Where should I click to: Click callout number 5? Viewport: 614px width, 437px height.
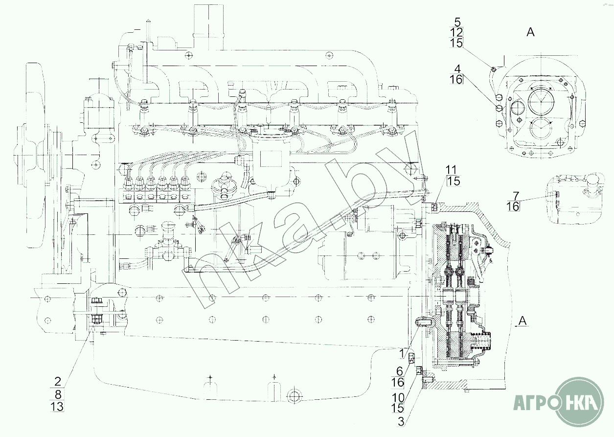(457, 22)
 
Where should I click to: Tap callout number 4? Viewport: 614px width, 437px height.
(456, 68)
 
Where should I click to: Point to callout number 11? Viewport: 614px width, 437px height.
(453, 170)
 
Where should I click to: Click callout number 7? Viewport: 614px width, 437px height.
(513, 196)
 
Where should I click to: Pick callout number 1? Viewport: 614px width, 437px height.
(401, 352)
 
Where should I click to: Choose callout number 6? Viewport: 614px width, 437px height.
(399, 371)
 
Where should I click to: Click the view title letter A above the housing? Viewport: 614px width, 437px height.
(530, 33)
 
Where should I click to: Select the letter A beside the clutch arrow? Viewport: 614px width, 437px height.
(523, 321)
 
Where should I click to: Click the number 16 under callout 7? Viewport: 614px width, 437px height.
(513, 207)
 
